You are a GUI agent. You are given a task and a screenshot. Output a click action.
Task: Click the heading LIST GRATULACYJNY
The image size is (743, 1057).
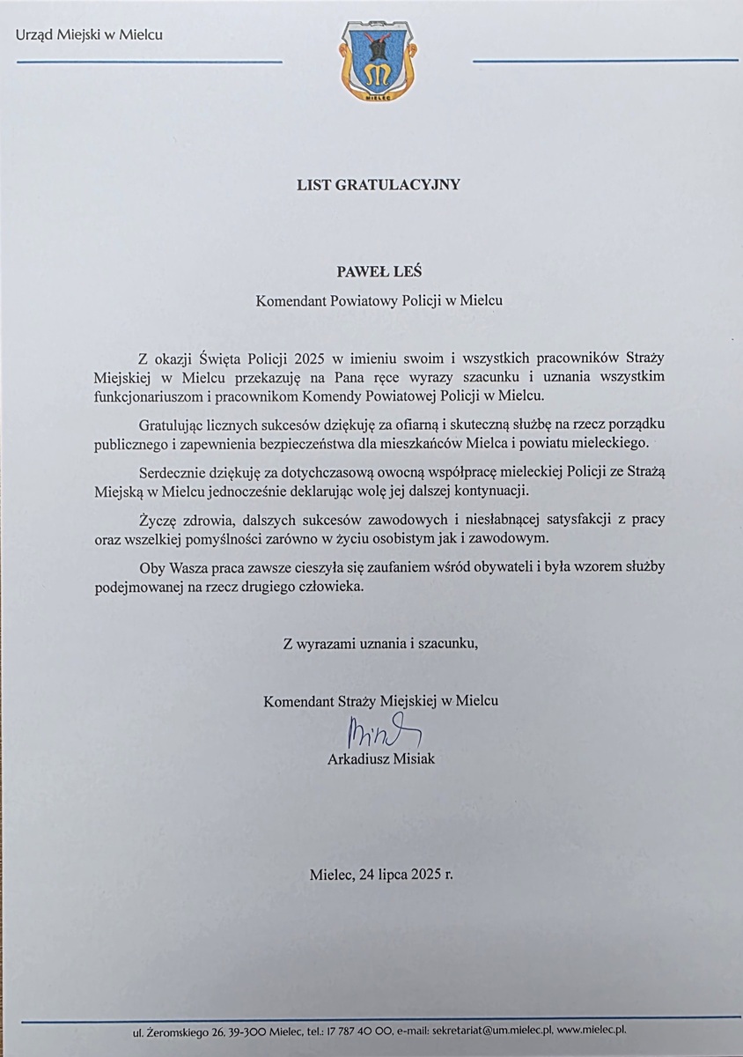pos(378,185)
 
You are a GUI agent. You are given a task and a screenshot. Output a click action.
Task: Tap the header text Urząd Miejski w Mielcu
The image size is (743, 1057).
pos(89,35)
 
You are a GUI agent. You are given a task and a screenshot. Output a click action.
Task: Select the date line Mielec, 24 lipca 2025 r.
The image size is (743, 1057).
pos(382,876)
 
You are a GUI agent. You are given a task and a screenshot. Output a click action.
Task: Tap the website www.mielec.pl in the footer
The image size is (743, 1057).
pos(592,1029)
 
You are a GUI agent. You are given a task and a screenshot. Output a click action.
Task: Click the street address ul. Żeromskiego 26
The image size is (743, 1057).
pos(174,1029)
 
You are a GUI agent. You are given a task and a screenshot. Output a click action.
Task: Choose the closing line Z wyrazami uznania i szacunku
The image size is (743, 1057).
pos(380,643)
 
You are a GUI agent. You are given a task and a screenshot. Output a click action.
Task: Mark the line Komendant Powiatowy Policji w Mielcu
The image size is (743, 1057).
pos(379,300)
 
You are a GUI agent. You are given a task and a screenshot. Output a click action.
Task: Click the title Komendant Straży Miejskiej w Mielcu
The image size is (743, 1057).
pos(380,702)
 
